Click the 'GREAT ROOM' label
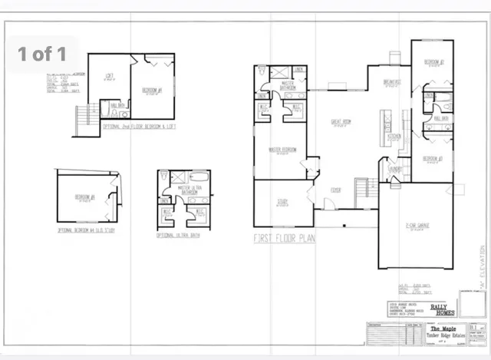[x=341, y=121]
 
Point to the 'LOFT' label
[x=109, y=74]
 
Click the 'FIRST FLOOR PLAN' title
[x=284, y=239]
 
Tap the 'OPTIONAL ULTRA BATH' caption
[x=180, y=234]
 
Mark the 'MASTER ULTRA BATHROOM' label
[x=189, y=189]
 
